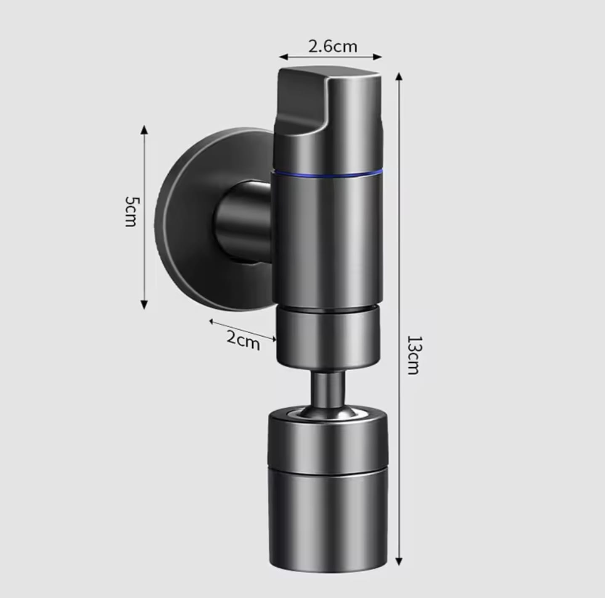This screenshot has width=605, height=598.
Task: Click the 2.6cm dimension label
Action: click(333, 47)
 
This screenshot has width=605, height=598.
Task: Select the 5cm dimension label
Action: click(131, 211)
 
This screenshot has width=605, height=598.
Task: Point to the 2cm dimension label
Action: click(243, 340)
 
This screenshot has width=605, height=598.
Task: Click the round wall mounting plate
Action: click(188, 220)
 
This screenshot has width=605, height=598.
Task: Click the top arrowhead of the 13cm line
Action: click(399, 76)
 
